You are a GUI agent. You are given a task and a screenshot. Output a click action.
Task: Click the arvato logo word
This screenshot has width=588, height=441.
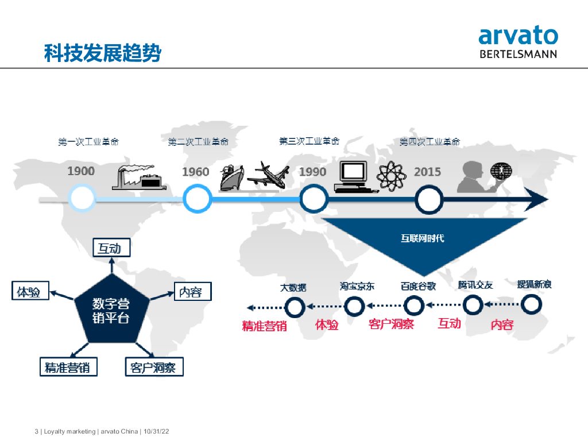518,36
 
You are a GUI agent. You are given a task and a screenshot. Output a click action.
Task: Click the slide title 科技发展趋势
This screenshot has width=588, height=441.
103,53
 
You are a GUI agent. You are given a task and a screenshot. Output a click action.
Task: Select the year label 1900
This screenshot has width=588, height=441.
81,171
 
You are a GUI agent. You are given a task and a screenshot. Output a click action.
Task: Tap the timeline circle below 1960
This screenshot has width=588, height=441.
197,199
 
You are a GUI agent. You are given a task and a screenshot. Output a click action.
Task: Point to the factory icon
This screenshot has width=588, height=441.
140,177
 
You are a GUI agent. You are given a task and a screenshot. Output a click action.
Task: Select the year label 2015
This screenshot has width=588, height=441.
427,171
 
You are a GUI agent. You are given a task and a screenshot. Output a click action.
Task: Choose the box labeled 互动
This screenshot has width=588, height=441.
111,248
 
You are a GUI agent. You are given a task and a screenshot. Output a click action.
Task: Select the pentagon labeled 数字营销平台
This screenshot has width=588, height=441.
111,310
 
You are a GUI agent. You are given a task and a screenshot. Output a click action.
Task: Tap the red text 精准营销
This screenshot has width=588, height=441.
264,326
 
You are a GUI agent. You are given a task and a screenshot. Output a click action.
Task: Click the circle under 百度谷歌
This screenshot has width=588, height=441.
413,306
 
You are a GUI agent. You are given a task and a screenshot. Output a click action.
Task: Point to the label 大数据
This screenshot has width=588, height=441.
293,287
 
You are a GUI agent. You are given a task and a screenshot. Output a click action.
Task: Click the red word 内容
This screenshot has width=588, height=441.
502,325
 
